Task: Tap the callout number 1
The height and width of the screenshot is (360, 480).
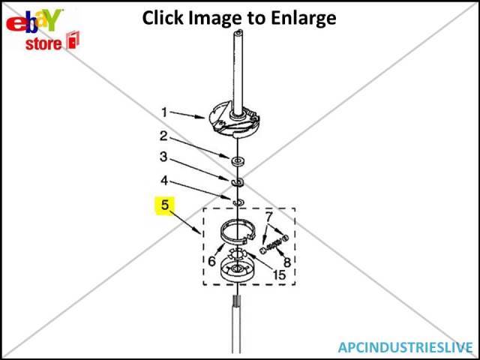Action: (164, 112)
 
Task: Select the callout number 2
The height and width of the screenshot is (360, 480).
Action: (164, 136)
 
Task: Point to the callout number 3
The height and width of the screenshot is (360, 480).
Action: (164, 158)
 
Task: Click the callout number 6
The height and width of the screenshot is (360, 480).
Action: (212, 261)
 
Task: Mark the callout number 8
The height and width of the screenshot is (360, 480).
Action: (286, 262)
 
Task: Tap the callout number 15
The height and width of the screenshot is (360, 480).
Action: (278, 276)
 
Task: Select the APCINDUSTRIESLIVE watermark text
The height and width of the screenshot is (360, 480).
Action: (405, 347)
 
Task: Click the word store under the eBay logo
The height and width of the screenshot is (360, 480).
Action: (44, 43)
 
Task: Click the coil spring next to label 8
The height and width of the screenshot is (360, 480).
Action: (275, 241)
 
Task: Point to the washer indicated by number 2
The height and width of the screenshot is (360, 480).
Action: (238, 160)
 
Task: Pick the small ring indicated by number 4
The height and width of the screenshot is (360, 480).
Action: (238, 202)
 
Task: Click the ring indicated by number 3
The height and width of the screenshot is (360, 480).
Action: (238, 182)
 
